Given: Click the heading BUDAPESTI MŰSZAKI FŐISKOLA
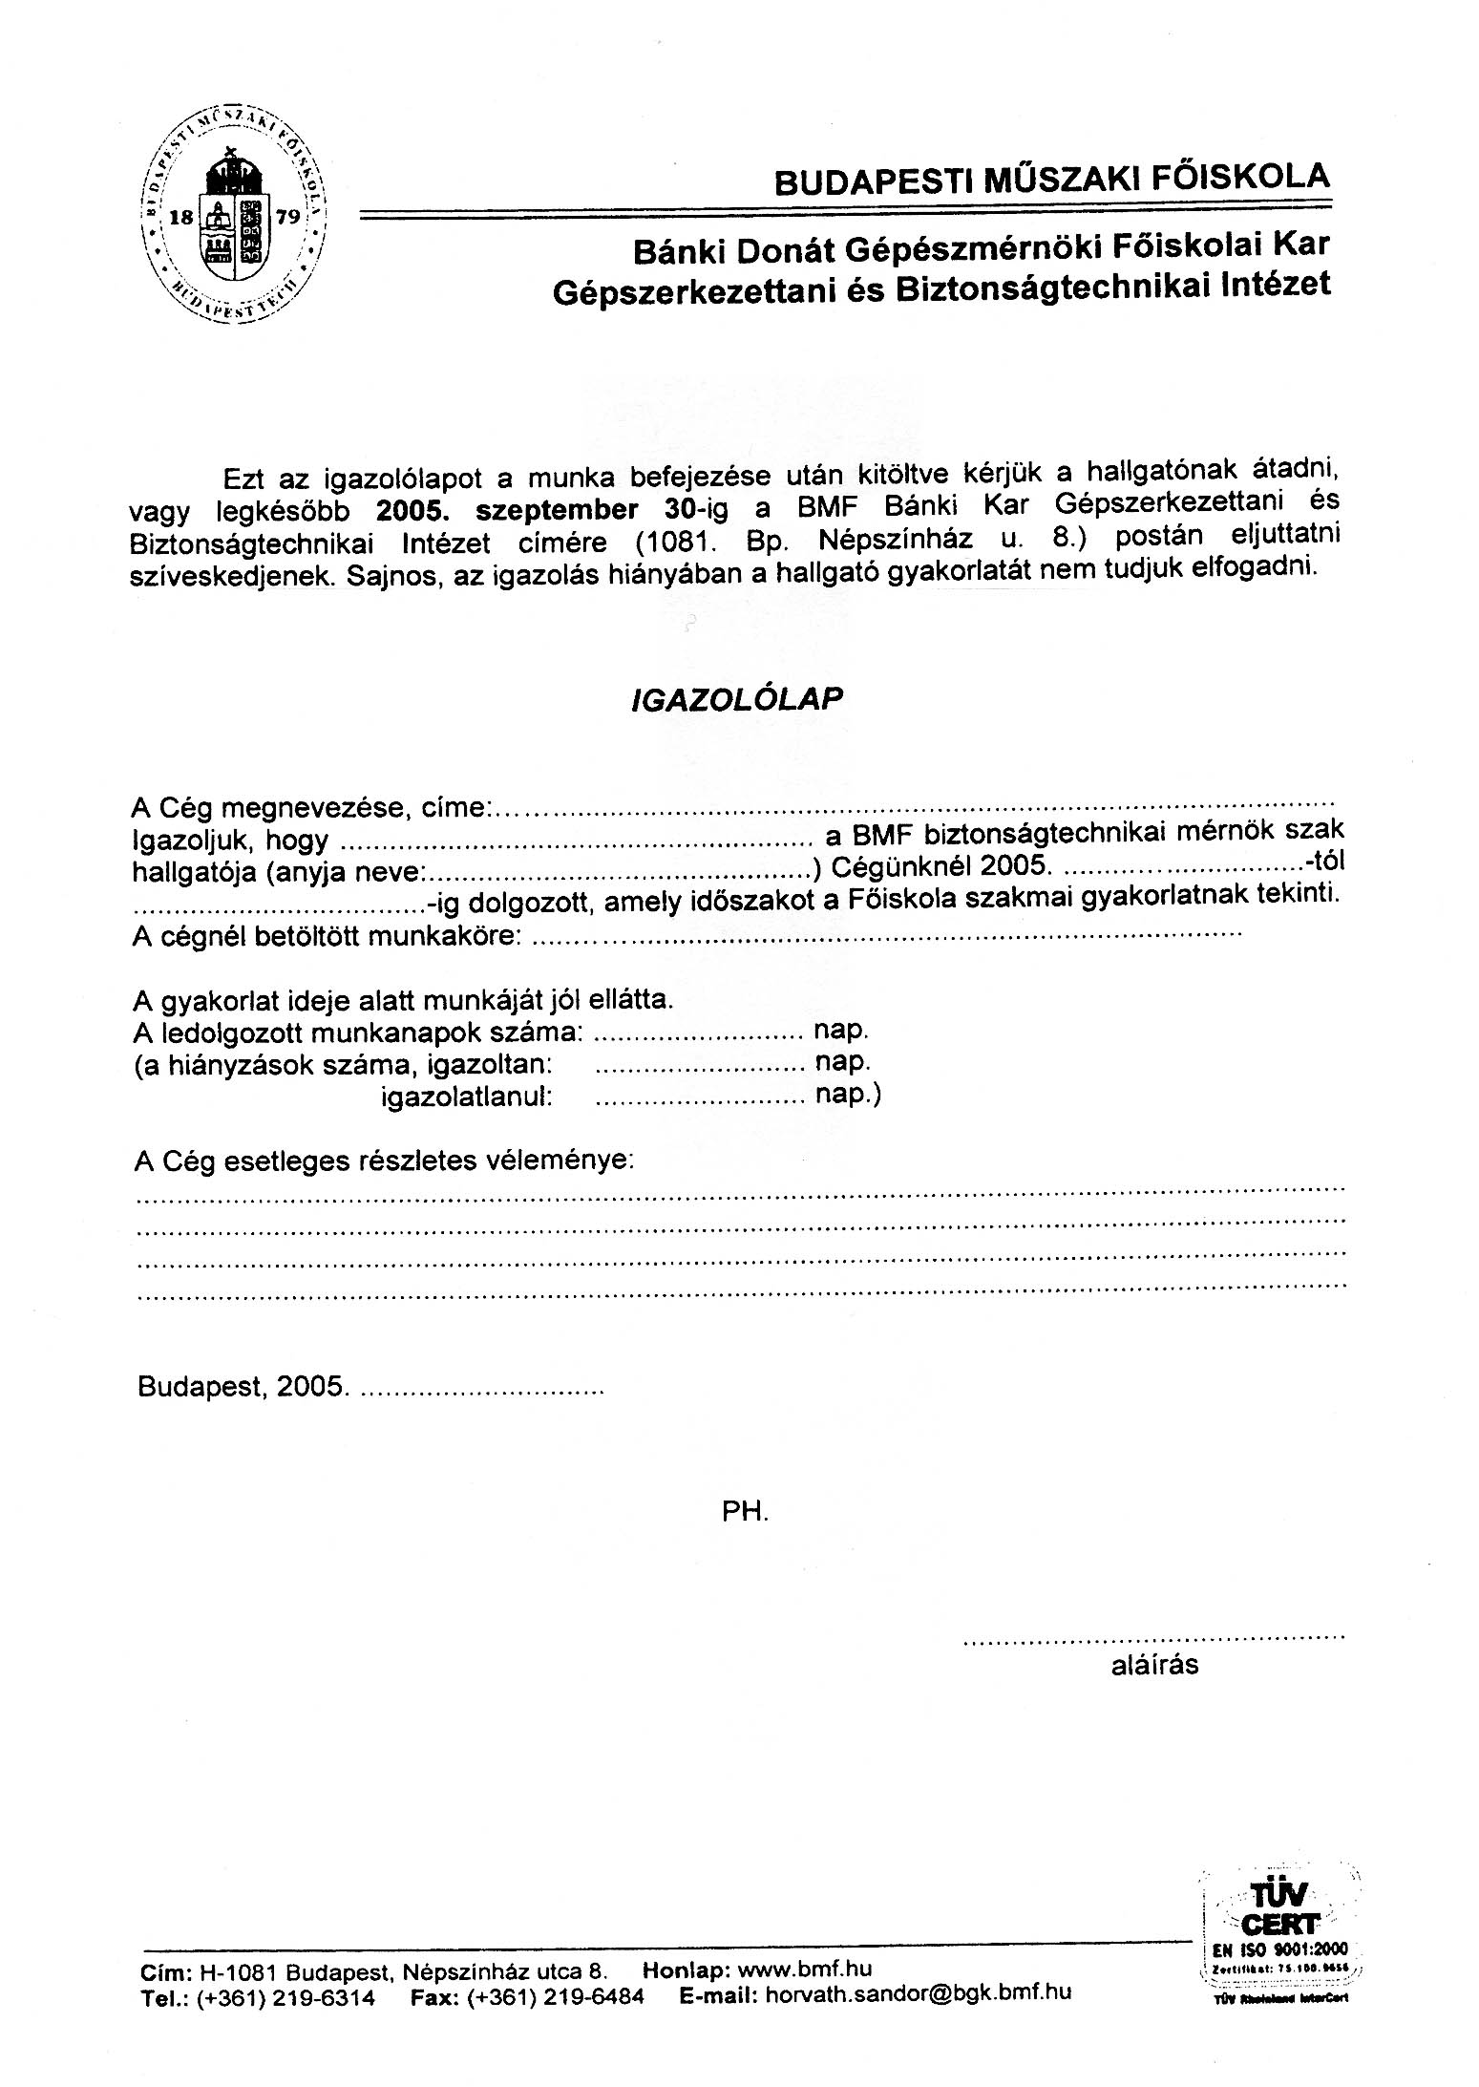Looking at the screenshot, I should click(1051, 179).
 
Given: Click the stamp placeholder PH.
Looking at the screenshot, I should click(746, 1511).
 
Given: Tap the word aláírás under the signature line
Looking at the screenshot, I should click(1154, 1665).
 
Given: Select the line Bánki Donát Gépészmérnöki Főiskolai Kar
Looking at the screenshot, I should click(981, 247).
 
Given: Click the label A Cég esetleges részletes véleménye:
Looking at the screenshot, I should click(385, 1161).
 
